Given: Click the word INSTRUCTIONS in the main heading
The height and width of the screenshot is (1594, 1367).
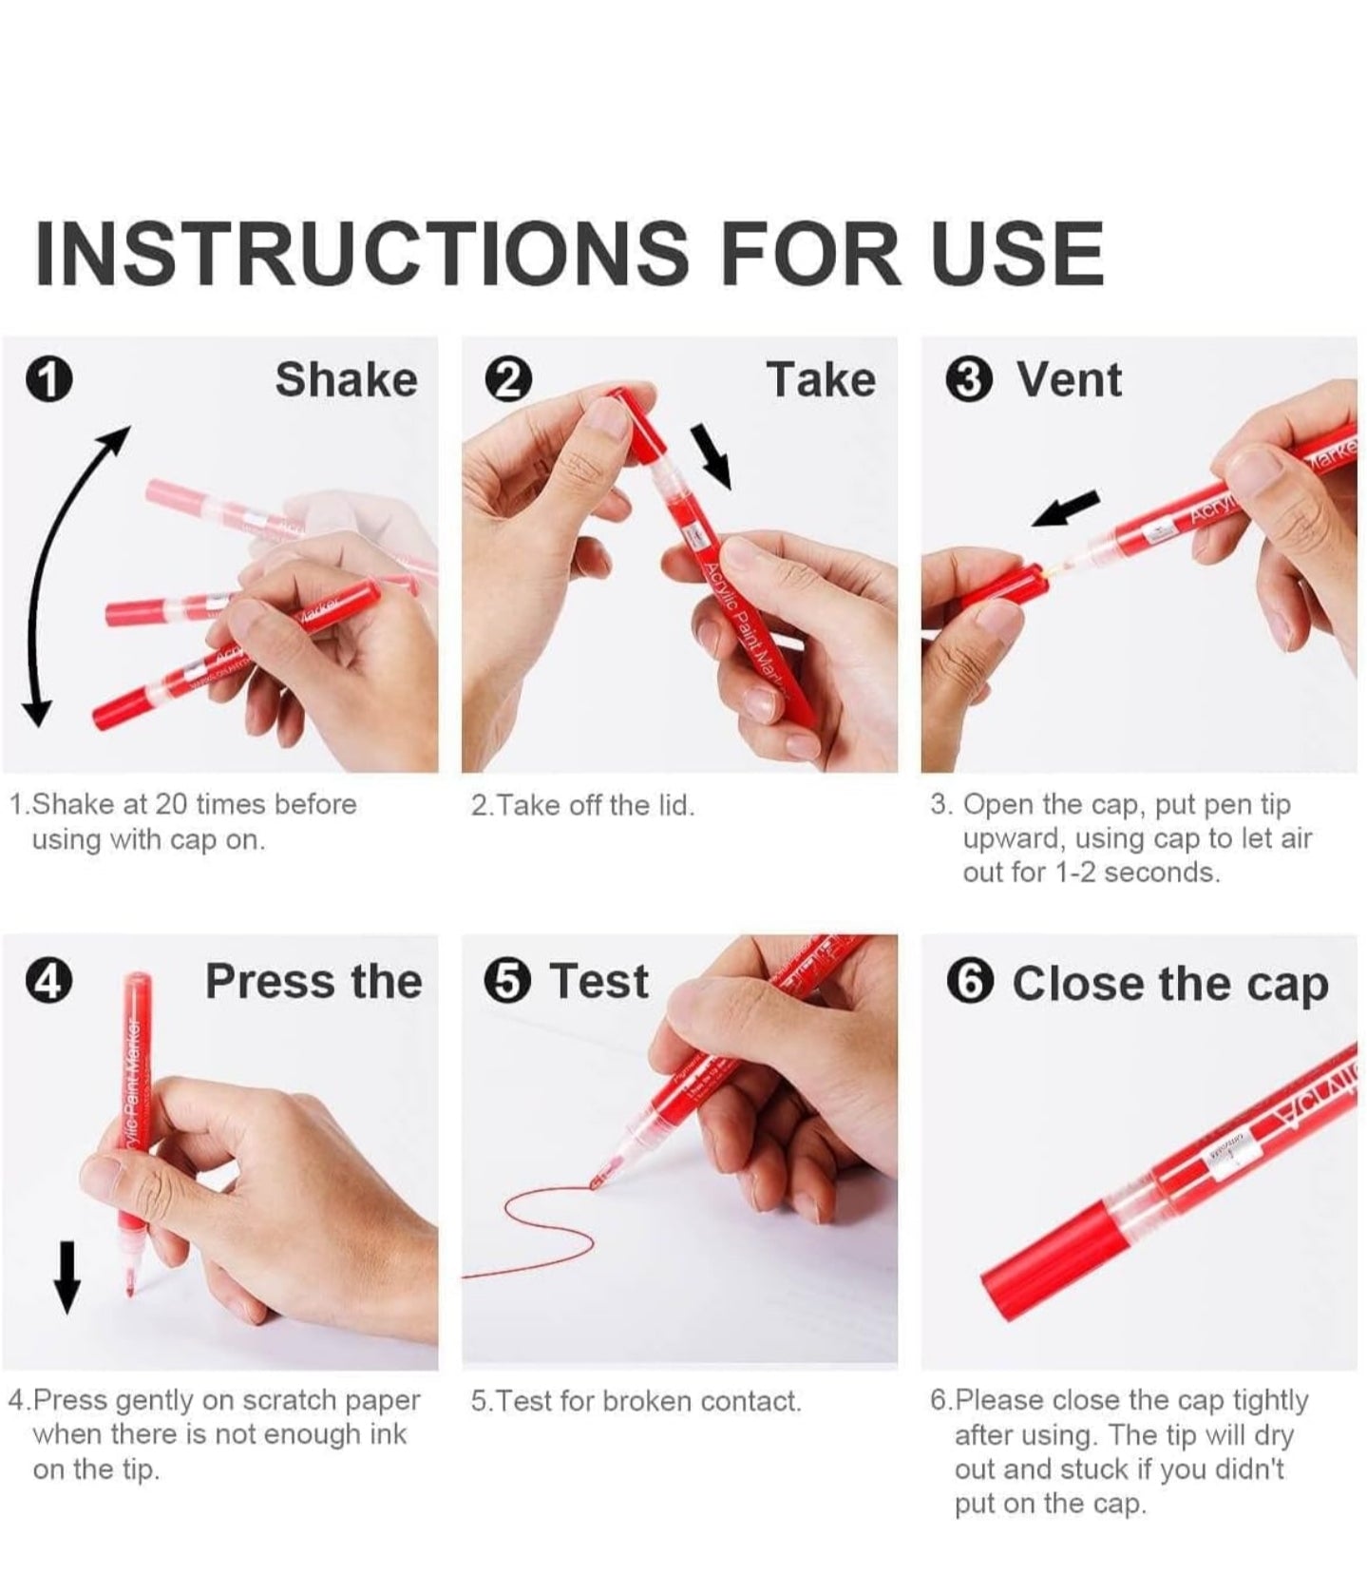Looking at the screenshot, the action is click(360, 253).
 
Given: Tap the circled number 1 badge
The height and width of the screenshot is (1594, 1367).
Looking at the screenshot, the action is click(48, 380).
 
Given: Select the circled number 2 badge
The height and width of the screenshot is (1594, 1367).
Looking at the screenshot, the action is click(508, 380).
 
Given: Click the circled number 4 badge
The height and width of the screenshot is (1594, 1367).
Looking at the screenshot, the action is click(48, 982).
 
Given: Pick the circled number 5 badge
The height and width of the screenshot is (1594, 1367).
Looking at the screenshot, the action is click(508, 982).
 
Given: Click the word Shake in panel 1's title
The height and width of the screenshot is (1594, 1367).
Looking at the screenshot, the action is click(346, 380).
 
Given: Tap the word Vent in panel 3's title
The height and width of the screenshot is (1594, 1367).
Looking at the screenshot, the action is click(1070, 380).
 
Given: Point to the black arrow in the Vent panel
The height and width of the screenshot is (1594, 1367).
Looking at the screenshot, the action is click(1066, 509).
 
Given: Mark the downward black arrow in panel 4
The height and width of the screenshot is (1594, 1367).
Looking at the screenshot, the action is click(66, 1277).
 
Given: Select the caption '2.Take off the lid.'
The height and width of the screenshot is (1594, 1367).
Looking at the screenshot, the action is click(583, 806).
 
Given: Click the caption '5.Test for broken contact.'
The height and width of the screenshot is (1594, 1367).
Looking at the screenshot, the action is click(636, 1401).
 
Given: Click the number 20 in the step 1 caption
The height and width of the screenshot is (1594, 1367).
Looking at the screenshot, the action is click(171, 804).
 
